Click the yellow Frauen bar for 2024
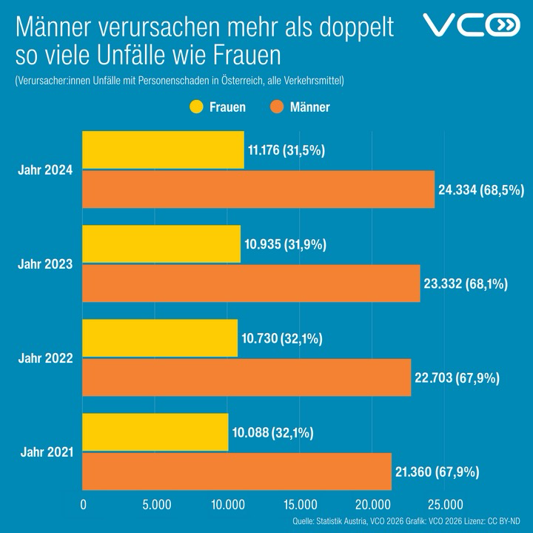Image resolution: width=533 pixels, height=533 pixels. click(163, 150)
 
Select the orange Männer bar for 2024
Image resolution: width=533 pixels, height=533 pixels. click(258, 190)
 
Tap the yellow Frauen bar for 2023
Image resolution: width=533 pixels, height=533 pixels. click(161, 244)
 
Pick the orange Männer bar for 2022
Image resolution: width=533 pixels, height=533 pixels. click(247, 378)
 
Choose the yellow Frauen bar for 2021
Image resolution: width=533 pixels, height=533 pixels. click(155, 432)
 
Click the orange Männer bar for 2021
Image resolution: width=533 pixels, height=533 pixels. click(237, 472)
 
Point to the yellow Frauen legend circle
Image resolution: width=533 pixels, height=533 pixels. click(196, 107)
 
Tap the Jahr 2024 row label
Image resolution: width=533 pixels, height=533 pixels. click(45, 170)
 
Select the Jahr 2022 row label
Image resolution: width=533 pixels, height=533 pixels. click(45, 358)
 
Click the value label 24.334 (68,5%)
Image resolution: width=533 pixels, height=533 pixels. click(480, 190)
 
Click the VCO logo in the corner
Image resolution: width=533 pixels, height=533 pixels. click(472, 27)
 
